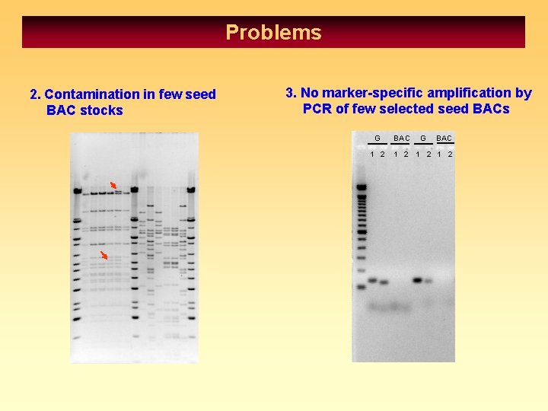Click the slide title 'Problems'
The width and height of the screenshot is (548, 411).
pos(273,33)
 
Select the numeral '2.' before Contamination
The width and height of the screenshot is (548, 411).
pos(35,94)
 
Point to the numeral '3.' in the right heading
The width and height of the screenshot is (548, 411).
pos(291,93)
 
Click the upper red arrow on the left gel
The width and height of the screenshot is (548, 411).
pos(113,185)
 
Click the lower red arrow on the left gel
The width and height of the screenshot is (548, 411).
pos(106,255)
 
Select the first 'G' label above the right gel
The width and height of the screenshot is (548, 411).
pos(377,139)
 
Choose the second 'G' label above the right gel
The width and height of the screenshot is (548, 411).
pos(423,139)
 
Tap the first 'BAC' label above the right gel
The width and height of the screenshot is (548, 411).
pos(401,139)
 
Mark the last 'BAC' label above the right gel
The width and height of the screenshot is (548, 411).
pos(444,139)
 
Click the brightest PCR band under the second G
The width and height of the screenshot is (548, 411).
pos(418,280)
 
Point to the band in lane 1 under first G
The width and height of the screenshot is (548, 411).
pos(373,281)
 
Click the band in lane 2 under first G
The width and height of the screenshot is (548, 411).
pos(384,282)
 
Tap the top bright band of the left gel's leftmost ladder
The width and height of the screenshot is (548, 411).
pos(77,190)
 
